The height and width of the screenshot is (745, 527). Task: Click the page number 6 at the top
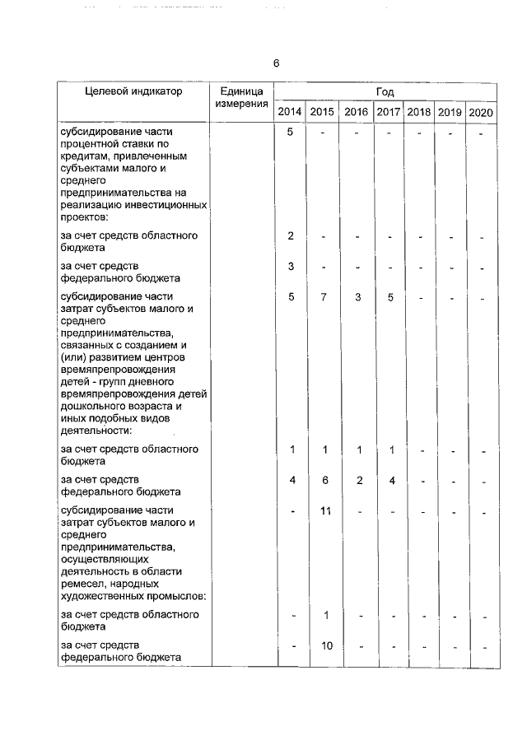(277, 63)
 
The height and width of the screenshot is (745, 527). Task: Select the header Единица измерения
(241, 97)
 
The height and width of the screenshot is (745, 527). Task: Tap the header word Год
(385, 91)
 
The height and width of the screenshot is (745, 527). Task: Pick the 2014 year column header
(289, 112)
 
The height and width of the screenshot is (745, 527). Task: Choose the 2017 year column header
(388, 112)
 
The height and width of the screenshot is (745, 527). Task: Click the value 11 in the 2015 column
(325, 512)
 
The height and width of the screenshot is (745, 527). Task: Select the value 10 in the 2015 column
(326, 645)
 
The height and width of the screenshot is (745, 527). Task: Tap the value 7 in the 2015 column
(325, 297)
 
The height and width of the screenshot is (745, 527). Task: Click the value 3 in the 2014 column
(291, 267)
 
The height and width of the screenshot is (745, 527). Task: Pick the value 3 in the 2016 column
(358, 297)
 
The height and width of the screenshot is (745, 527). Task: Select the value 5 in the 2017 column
(389, 297)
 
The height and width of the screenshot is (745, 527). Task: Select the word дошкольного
(95, 407)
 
